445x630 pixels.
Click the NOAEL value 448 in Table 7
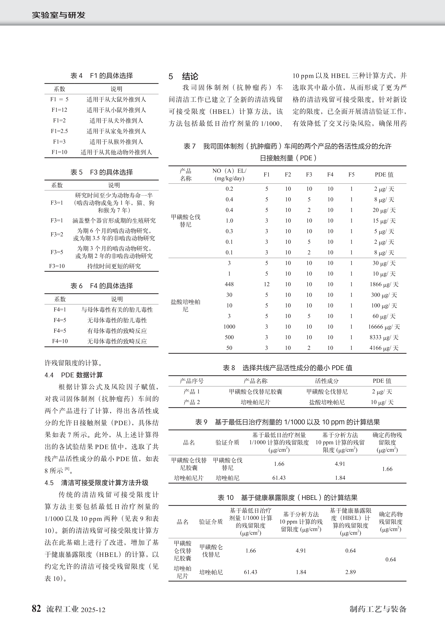(229, 284)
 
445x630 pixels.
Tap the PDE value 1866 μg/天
(384, 284)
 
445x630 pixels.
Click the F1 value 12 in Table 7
(267, 284)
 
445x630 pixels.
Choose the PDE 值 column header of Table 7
(384, 175)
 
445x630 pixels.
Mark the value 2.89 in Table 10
(350, 572)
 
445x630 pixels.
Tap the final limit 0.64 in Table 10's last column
(390, 559)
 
